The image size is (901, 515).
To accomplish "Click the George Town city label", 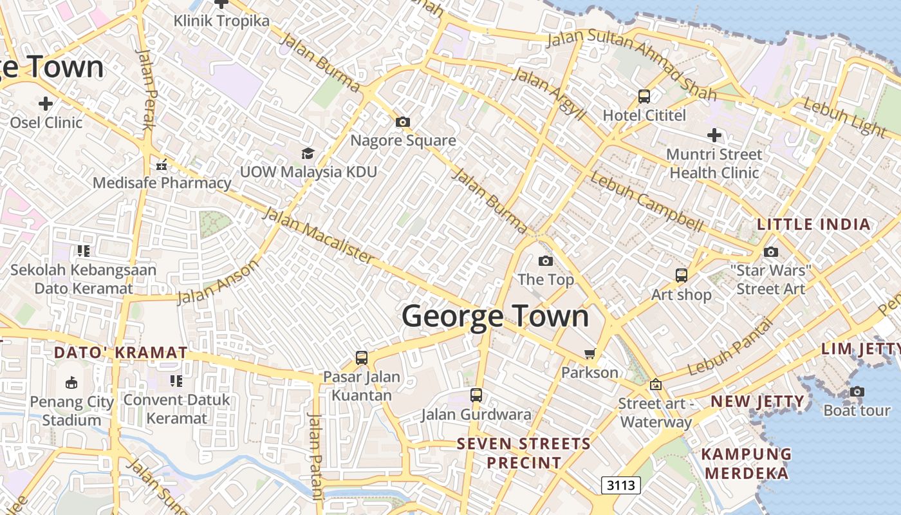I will pyautogui.click(x=496, y=316).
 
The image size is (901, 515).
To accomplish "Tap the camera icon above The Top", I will pyautogui.click(x=545, y=261).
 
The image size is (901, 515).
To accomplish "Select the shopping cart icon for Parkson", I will pyautogui.click(x=590, y=353).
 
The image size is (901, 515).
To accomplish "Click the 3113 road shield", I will pyautogui.click(x=621, y=485).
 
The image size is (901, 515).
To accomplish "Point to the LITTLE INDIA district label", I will pyautogui.click(x=813, y=225).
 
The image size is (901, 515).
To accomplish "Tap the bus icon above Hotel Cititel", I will pyautogui.click(x=644, y=97).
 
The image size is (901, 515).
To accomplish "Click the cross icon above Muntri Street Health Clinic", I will pyautogui.click(x=714, y=135).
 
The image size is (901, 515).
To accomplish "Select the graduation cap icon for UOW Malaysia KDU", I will pyautogui.click(x=308, y=153).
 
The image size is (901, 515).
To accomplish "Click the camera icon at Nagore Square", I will pyautogui.click(x=403, y=122).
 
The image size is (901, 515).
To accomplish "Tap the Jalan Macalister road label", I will pyautogui.click(x=319, y=235).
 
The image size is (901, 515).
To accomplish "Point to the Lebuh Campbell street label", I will pyautogui.click(x=646, y=202).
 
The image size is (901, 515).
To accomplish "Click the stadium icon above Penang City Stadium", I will pyautogui.click(x=71, y=383).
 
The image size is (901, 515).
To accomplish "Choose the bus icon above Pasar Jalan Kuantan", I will pyautogui.click(x=362, y=357).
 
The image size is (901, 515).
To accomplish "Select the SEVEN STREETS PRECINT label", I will pyautogui.click(x=524, y=453).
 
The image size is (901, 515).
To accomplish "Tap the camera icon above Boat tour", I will pyautogui.click(x=857, y=391).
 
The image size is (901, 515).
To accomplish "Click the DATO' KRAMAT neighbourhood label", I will pyautogui.click(x=121, y=353).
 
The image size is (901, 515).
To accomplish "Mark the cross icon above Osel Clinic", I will pyautogui.click(x=46, y=103).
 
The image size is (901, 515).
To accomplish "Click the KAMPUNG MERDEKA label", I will pyautogui.click(x=747, y=463).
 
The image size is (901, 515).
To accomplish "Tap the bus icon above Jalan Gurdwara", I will pyautogui.click(x=476, y=395).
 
